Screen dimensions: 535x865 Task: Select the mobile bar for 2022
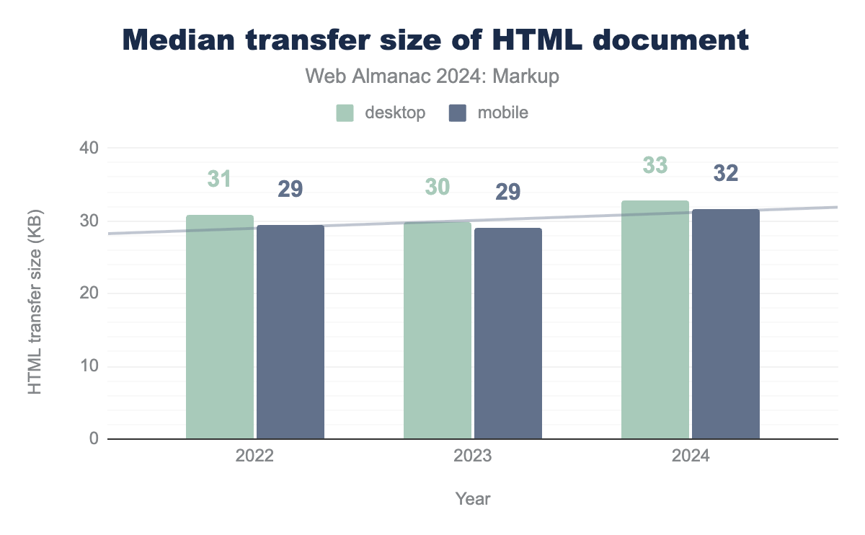coord(290,332)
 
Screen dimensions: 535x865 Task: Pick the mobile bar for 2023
coord(508,333)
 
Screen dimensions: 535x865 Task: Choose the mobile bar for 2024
coord(726,324)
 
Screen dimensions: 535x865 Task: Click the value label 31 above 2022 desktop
coord(219,179)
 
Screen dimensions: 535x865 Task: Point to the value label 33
coord(655,165)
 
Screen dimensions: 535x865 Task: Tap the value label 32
coord(726,174)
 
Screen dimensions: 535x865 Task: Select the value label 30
coord(437,187)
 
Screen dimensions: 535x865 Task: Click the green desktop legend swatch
coord(345,113)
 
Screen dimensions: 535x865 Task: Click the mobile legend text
coord(502,113)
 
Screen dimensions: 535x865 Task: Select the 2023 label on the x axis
coord(472,457)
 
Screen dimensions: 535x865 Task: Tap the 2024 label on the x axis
coord(690,457)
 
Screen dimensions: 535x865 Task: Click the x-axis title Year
coord(472,498)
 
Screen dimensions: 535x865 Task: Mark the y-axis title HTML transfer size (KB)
coord(35,301)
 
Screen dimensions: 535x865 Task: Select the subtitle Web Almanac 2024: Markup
coord(432,76)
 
